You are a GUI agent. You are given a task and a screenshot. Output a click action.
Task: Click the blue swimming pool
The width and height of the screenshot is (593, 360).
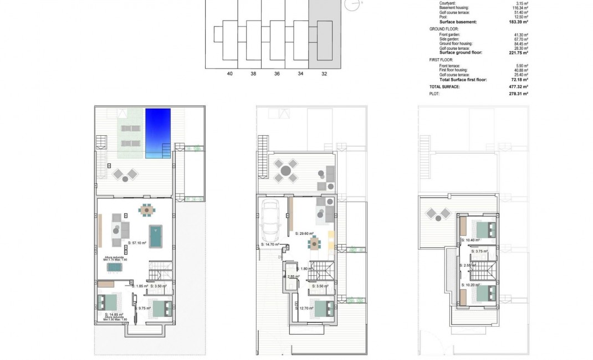(158, 133)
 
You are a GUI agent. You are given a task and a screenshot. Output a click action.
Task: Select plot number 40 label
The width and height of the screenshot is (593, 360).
(229, 73)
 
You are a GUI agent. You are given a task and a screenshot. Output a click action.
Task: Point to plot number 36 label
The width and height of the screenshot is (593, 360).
(277, 73)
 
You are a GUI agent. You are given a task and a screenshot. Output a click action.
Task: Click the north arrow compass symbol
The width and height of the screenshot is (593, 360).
(351, 5)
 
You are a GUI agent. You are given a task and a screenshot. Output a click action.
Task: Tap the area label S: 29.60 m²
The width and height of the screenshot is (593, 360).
(304, 234)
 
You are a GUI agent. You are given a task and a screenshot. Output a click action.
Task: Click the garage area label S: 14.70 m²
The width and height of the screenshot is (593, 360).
(270, 244)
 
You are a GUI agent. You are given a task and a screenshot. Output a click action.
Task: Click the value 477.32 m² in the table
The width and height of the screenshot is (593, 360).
(519, 87)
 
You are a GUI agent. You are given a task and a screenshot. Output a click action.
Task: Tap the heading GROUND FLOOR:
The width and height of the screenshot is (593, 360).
(444, 29)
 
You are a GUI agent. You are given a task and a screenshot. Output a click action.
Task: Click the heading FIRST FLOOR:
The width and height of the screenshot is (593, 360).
(441, 59)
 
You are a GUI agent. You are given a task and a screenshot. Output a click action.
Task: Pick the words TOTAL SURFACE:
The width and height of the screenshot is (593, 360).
(444, 87)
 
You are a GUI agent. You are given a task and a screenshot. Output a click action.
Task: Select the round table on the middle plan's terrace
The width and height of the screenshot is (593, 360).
(284, 171)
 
